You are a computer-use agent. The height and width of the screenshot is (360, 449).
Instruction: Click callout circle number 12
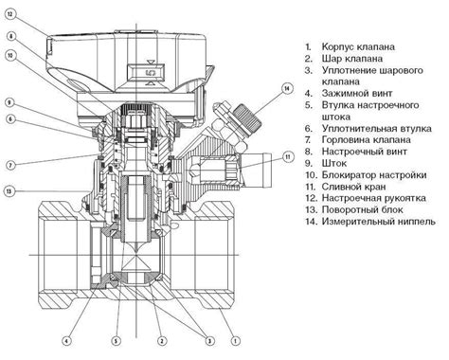coord(10,14)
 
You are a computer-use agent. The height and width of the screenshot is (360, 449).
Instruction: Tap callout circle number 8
coord(10,36)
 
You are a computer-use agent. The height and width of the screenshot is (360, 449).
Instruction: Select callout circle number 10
coord(10,56)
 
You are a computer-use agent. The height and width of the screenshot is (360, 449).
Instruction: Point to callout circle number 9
coord(10,102)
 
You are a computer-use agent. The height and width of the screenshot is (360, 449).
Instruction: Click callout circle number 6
coord(10,118)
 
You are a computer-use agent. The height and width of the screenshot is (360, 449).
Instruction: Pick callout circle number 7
coord(10,165)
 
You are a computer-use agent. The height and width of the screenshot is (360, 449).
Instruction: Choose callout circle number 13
coord(9,191)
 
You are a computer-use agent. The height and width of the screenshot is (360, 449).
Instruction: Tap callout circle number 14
coord(287,89)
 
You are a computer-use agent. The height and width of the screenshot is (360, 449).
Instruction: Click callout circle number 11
coord(288,157)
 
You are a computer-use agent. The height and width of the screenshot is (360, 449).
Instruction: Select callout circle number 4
coord(66,341)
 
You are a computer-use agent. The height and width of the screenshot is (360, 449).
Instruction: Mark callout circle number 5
coord(116,341)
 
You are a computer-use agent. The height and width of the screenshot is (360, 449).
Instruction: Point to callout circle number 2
coord(162,341)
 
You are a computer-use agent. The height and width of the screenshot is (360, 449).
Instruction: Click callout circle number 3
coord(209,341)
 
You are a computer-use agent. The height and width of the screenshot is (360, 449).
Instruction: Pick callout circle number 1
coord(235,341)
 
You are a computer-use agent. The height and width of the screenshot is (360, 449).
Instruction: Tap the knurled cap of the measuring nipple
coord(248,118)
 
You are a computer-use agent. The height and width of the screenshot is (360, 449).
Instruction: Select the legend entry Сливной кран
coord(345,187)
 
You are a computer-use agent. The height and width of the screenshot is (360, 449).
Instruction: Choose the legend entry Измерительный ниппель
coord(370,222)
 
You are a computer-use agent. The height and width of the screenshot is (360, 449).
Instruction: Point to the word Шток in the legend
coord(334,163)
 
